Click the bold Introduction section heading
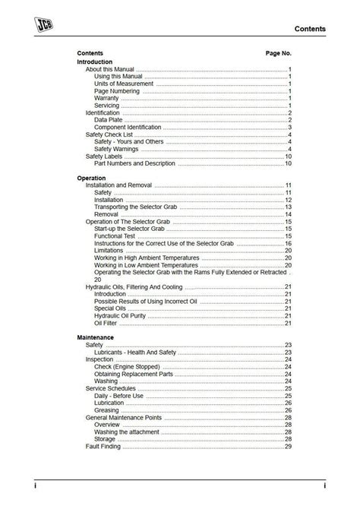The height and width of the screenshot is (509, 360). pyautogui.click(x=95, y=62)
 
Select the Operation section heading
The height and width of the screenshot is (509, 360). pyautogui.click(x=92, y=178)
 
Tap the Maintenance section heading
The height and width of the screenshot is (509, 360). pyautogui.click(x=96, y=337)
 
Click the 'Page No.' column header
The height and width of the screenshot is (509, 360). pyautogui.click(x=278, y=54)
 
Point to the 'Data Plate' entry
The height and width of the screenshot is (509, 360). pyautogui.click(x=109, y=120)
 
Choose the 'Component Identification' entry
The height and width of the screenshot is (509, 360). pyautogui.click(x=128, y=127)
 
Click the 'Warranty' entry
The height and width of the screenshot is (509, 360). pyautogui.click(x=106, y=98)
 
